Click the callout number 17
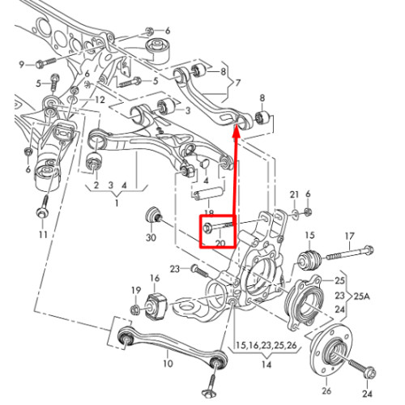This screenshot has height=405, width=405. pos(349,237)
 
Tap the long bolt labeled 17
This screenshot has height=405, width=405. pos(350,253)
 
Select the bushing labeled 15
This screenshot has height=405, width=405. pos(309,260)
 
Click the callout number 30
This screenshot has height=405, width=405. pos(151,237)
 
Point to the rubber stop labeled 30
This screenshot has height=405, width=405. pos(154,215)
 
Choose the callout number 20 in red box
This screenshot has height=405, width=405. pos(220,243)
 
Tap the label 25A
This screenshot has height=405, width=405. pos(361,296)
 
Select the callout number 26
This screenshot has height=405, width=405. pos(326,390)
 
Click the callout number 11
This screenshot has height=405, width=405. pos(43,235)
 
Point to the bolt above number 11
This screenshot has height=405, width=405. pos(43,207)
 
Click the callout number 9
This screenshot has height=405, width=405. pos(22,65)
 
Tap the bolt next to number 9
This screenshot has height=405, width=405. pos(45,63)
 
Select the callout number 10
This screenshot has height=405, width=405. pos(168,364)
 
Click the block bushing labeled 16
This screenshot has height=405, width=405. pos(156,307)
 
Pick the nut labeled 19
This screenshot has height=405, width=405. pos(134,309)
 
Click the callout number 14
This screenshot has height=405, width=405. pos(266,364)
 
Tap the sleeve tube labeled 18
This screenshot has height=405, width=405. pos(208,194)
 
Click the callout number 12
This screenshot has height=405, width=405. pos(100,100)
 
